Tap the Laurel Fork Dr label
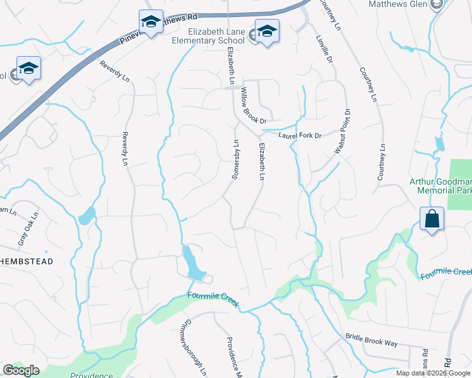pos(300,135)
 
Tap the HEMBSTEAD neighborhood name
pos(26,261)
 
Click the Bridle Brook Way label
pos(371,340)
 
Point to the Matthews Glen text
pos(397,4)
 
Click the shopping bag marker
pos(432,219)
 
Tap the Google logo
pos(20,370)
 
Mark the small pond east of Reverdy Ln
pos(86,217)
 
